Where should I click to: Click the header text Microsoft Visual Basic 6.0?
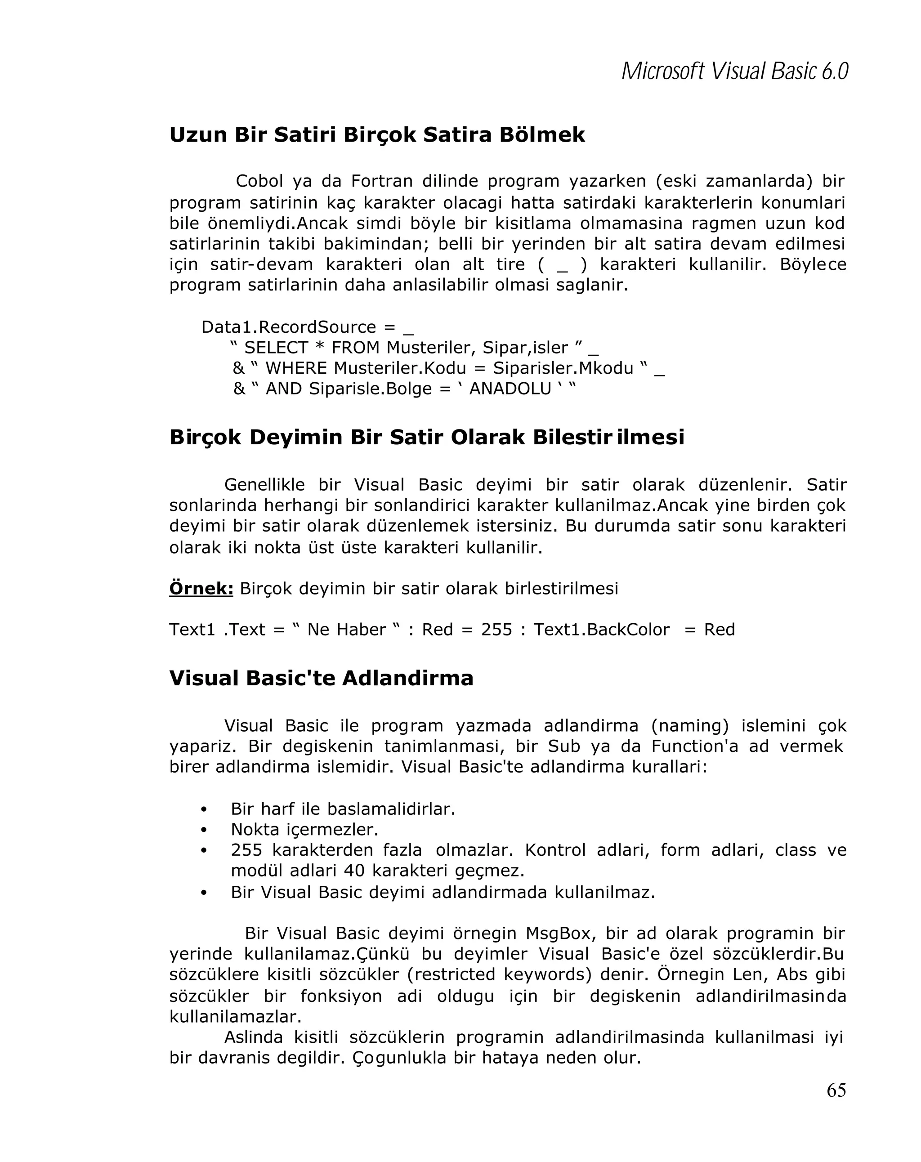pyautogui.click(x=734, y=71)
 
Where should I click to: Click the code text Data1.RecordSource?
pyautogui.click(x=289, y=327)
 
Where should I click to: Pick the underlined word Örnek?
pyautogui.click(x=201, y=588)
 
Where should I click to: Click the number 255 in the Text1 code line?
pyautogui.click(x=496, y=630)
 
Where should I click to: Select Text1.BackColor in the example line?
pyautogui.click(x=601, y=630)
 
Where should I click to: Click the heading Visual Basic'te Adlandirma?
pyautogui.click(x=321, y=678)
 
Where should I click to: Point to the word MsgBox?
pyautogui.click(x=560, y=934)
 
